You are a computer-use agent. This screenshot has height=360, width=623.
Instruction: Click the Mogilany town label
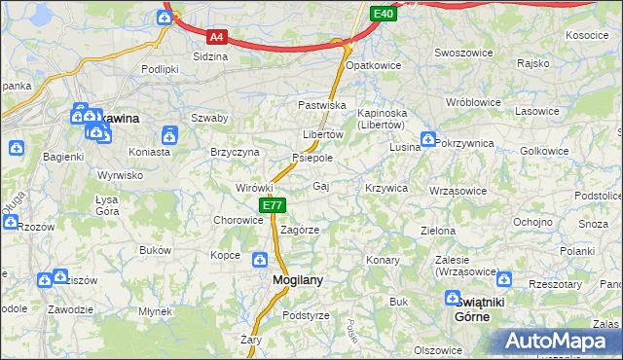pyautogui.click(x=291, y=280)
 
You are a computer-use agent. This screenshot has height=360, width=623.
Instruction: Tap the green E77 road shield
pyautogui.click(x=272, y=205)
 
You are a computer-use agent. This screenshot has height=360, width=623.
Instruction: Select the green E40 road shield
pyautogui.click(x=383, y=14)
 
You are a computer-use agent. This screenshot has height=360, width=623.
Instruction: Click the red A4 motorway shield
pyautogui.click(x=217, y=37)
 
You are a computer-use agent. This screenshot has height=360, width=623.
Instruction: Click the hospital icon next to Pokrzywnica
pyautogui.click(x=427, y=141)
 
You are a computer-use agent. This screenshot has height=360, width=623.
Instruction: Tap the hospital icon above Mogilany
pyautogui.click(x=260, y=259)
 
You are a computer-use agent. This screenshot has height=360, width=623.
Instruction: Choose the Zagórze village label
pyautogui.click(x=300, y=230)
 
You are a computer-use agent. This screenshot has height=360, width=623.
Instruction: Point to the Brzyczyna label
pyautogui.click(x=235, y=153)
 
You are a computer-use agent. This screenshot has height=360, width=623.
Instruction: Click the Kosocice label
pyautogui.click(x=586, y=35)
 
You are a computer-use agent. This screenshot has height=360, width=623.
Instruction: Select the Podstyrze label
pyautogui.click(x=306, y=316)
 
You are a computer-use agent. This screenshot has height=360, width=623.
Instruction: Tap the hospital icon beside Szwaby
pyautogui.click(x=169, y=134)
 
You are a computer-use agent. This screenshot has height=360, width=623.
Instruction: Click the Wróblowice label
pyautogui.click(x=472, y=102)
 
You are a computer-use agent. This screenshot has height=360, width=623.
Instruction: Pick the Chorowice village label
pyautogui.click(x=238, y=220)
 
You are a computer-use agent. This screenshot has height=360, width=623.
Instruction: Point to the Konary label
pyautogui.click(x=383, y=260)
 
